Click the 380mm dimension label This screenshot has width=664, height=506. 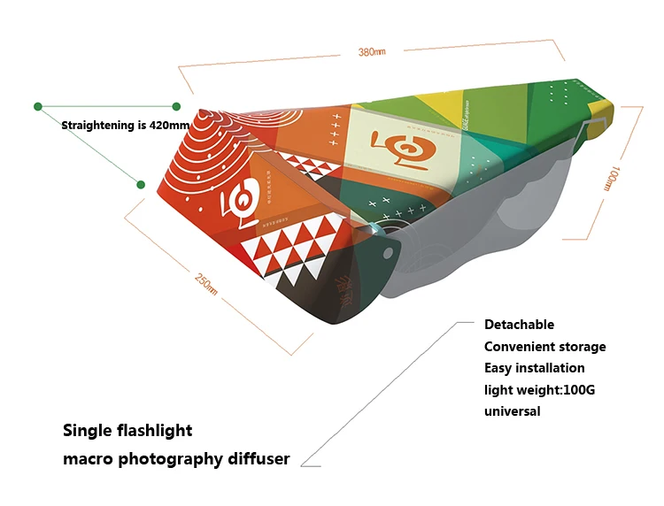372,52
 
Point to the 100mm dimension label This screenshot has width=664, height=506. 610,178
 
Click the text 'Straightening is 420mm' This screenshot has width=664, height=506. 126,126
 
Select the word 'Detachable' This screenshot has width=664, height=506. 519,325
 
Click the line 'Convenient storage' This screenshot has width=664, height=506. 544,346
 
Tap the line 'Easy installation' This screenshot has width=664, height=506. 534,367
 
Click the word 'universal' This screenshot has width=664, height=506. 512,410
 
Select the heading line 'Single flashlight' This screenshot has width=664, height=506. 127,431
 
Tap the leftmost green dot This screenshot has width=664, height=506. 38,106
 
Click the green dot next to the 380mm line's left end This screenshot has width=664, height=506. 176,106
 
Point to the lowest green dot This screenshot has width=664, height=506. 140,184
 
